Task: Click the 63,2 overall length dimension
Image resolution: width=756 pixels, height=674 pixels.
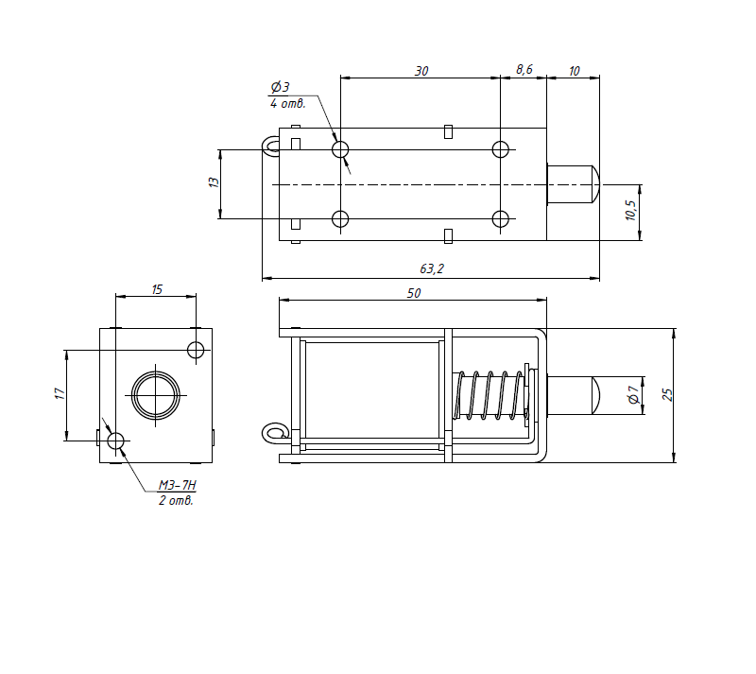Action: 432,268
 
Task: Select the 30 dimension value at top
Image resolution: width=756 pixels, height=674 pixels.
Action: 421,71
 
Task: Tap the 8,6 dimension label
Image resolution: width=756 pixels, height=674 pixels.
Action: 524,69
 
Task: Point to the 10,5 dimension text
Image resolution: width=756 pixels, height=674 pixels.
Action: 631,211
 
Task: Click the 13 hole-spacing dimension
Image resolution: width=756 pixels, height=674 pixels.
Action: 214,182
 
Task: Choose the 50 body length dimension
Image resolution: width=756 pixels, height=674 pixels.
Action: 414,293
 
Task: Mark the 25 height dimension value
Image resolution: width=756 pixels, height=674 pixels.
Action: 667,394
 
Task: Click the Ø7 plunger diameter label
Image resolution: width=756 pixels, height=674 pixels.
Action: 633,394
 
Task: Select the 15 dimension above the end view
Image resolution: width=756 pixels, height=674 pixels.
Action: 157,289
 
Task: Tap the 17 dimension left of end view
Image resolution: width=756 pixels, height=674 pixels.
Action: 60,393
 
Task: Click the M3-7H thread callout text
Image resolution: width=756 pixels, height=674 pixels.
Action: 178,485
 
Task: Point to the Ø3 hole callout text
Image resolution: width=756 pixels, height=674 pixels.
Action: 280,87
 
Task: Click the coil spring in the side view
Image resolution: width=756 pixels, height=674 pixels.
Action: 488,395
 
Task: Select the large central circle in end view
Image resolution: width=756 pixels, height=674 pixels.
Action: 156,372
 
